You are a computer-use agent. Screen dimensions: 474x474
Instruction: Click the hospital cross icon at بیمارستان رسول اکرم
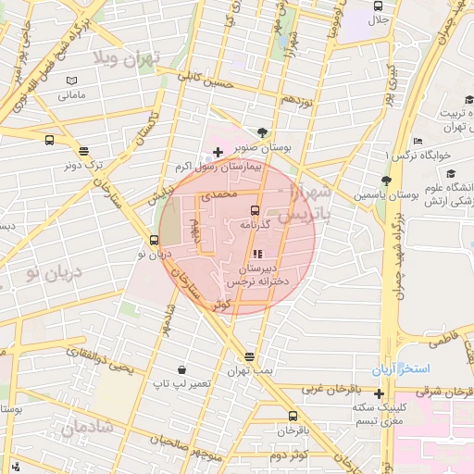(x=218, y=152)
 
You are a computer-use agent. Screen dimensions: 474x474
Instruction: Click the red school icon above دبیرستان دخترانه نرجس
(x=256, y=254)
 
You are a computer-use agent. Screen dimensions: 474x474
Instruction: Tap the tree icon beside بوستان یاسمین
(x=386, y=181)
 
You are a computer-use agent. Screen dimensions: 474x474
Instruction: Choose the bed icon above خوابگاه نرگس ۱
(x=418, y=141)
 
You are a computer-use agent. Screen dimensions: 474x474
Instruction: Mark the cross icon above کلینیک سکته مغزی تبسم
(x=379, y=393)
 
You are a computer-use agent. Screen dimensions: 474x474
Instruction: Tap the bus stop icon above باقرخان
(x=293, y=416)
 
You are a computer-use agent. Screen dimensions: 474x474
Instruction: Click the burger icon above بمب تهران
(x=249, y=356)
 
